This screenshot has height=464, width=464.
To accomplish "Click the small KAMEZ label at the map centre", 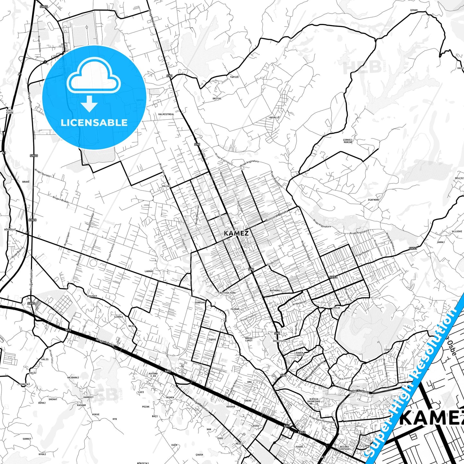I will (x=236, y=233).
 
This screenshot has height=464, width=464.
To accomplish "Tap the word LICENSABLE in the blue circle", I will (x=94, y=123).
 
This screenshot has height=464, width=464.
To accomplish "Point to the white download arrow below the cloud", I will (x=89, y=104).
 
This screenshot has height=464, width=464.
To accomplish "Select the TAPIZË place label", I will (x=225, y=77).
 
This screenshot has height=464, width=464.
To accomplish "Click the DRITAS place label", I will (x=217, y=99).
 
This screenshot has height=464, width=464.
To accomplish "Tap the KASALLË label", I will (x=275, y=118).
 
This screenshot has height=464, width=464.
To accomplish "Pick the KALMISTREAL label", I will (x=166, y=114).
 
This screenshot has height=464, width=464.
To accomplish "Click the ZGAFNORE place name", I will (x=373, y=200).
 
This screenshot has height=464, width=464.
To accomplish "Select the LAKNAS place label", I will (x=149, y=271).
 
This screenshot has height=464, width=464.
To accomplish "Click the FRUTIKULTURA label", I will (x=227, y=293).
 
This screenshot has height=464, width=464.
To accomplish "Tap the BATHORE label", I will (x=275, y=291).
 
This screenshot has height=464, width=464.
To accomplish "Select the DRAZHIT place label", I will (x=92, y=296).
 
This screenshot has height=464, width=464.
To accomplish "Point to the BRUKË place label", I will (x=26, y=182).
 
